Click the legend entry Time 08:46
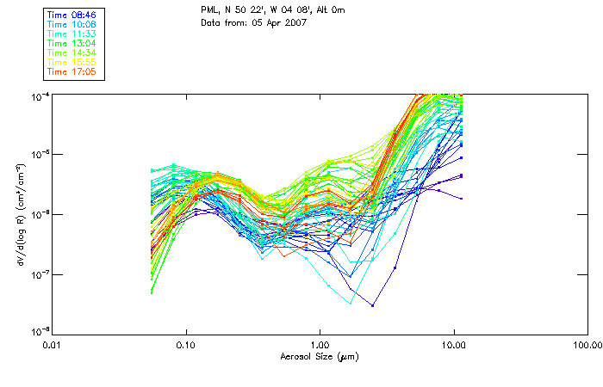(73, 15)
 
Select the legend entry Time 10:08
(73, 24)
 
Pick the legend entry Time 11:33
(73, 34)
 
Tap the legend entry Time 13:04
(73, 43)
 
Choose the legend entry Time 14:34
(73, 52)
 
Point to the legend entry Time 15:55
(73, 62)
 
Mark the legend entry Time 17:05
(73, 71)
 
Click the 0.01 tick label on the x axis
(52, 346)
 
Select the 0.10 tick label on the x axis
(185, 346)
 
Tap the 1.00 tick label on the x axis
(320, 346)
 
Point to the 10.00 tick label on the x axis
(453, 346)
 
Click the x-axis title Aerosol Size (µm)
(320, 356)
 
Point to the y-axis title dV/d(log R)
(16, 213)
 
